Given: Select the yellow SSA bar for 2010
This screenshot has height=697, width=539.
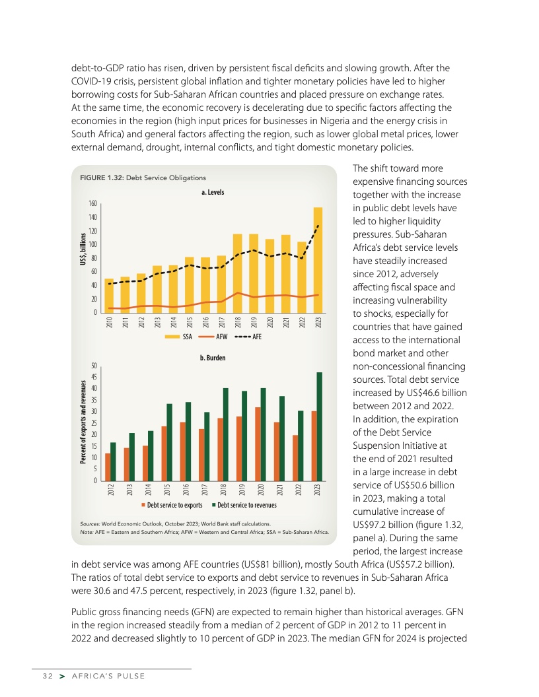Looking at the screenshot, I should pos(109,296).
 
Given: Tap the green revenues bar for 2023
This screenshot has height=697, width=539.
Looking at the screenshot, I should pos(320,426).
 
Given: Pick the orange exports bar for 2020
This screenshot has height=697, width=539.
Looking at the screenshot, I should pos(258,444).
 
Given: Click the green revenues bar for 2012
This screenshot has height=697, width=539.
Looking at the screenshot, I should pos(113,461).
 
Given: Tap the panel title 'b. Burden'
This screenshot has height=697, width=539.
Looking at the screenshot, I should pos(212,357).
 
